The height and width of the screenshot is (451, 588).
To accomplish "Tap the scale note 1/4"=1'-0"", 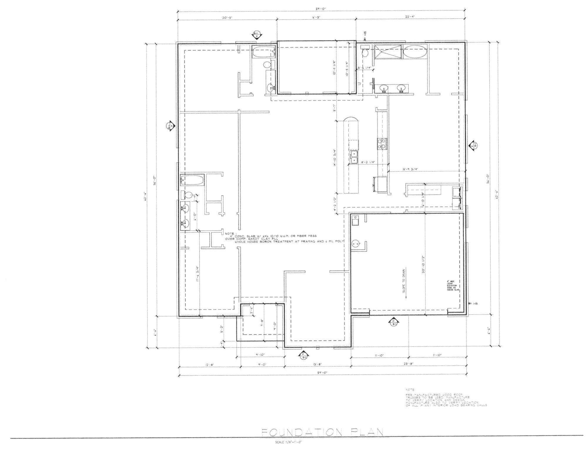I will pos(289,442).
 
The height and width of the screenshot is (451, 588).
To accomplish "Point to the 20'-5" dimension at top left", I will pos(227,18).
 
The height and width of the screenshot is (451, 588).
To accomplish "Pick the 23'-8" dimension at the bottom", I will pos(409,364).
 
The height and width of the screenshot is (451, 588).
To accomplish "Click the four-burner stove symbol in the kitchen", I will pos(382,144).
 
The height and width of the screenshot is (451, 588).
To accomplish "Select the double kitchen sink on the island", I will pos(354,157).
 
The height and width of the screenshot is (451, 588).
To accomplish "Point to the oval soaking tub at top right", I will pos(415,52).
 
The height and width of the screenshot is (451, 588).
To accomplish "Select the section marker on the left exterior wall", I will pos(170,126).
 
